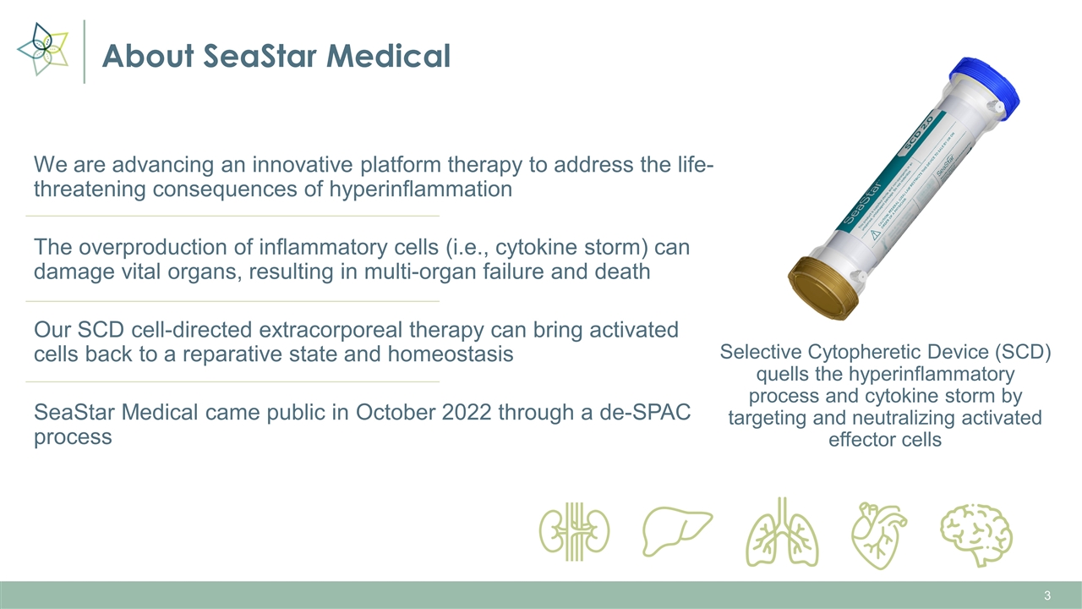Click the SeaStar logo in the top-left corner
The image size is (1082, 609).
(42, 49)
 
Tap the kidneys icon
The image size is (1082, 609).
(575, 530)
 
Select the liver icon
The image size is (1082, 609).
(677, 529)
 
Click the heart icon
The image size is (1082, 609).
(878, 535)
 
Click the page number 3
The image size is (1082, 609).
(1047, 596)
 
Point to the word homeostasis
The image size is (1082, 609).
(450, 354)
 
